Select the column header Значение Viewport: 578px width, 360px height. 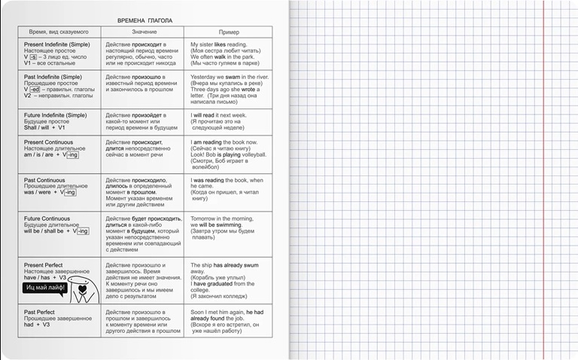click(144, 32)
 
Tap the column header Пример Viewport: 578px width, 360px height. click(229, 32)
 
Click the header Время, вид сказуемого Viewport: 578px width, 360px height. click(59, 32)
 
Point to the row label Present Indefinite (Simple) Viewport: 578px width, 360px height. click(57, 44)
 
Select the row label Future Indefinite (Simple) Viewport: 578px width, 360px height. click(56, 114)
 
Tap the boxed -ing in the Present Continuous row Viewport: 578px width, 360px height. click(71, 155)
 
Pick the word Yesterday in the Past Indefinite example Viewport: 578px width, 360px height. click(205, 77)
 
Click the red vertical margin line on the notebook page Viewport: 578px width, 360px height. click(543, 180)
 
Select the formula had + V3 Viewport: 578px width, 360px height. click(37, 325)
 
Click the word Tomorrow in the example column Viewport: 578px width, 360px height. click(205, 218)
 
